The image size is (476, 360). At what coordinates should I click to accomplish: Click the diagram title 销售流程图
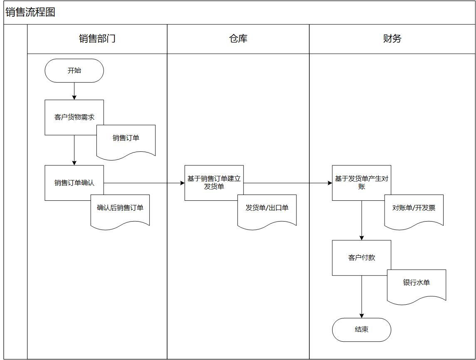coord(30,12)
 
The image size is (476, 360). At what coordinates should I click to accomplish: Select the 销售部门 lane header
coord(97,39)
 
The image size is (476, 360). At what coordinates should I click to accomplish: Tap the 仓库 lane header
coord(238,39)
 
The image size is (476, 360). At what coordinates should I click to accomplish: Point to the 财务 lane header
coord(392,39)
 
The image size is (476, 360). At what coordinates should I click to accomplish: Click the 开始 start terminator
coord(74,71)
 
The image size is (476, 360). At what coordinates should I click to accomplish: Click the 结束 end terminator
coord(362,330)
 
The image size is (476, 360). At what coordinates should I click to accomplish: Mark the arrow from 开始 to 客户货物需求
coord(74,91)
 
